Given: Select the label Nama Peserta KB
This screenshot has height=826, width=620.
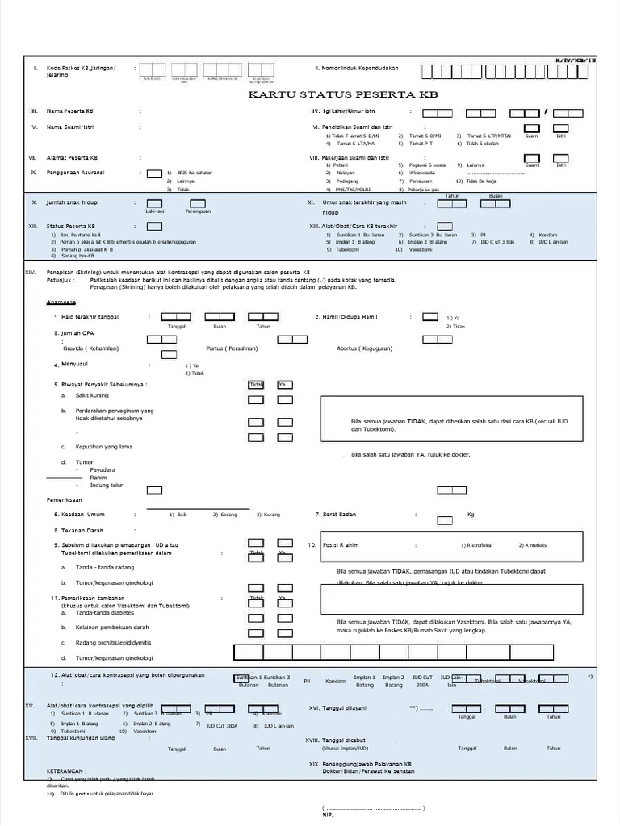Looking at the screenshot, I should pos(69,111).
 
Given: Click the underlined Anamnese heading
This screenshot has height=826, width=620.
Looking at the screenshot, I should pos(61,302).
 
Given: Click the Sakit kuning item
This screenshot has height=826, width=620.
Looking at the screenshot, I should pos(91,396).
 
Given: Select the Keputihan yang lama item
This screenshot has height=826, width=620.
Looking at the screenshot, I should pos(104,446).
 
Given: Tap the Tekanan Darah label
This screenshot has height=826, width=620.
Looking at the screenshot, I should pos(80,530).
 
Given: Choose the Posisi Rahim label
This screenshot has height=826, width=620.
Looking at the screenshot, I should pos(340,545).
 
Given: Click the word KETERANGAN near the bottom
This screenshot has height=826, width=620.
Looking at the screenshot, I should pos(66,770).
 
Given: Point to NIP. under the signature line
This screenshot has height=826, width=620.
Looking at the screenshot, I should pos(327,816).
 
